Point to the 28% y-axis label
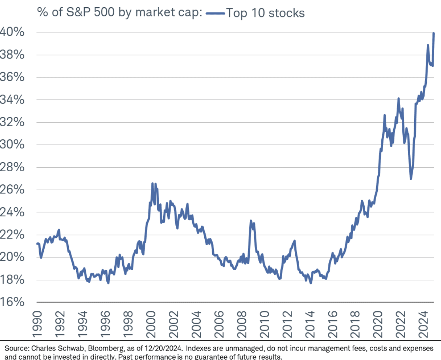[13, 167]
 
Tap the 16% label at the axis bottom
[13, 302]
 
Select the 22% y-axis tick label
[13, 235]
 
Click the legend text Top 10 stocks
[265, 13]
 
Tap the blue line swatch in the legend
[215, 13]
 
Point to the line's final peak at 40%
[434, 33]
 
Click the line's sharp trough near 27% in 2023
[411, 179]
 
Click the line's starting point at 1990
[37, 244]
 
